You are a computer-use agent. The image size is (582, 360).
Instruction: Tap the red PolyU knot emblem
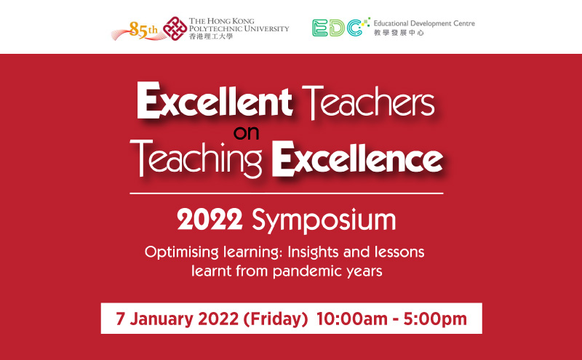175,28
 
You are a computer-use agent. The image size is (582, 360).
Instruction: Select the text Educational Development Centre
424,23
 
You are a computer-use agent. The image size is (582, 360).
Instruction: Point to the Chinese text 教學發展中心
399,33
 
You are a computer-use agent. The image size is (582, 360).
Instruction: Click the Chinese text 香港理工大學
211,36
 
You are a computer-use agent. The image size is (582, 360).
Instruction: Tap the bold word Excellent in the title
215,100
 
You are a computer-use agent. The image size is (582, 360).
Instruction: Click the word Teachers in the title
368,101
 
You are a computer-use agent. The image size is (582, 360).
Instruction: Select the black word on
246,133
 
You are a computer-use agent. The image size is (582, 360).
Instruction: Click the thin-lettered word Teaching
196,159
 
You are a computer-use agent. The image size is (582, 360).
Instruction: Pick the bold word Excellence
357,159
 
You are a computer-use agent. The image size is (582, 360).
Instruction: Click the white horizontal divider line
287,193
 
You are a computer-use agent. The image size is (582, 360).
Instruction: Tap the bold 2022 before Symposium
210,220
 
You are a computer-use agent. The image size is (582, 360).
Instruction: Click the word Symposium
324,221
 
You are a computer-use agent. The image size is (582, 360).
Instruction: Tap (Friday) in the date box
276,319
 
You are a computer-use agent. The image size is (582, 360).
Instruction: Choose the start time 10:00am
352,319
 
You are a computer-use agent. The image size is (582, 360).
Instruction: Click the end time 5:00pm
435,319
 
